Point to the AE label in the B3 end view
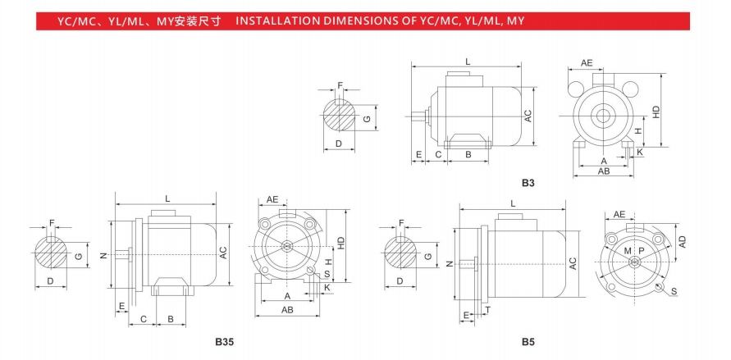587,63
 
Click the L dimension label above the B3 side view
467,62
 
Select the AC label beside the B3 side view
528,116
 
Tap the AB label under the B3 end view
604,171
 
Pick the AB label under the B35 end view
288,310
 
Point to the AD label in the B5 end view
682,241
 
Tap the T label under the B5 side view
487,310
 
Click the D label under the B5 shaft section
400,281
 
